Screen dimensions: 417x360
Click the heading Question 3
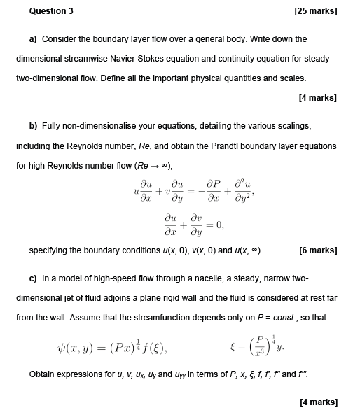click(x=51, y=11)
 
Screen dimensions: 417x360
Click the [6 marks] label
click(x=319, y=250)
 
